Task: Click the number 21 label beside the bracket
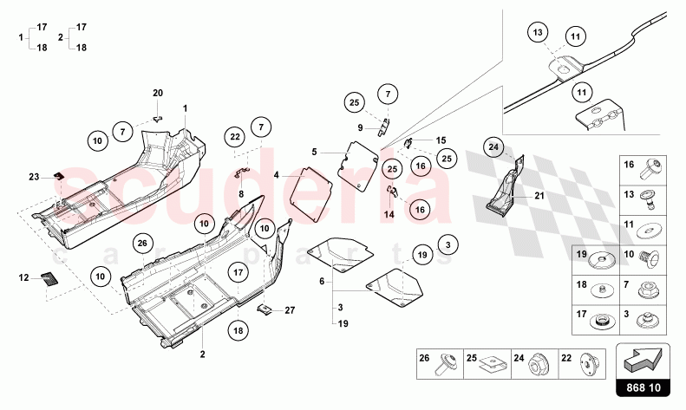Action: [539, 196]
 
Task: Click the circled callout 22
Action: [235, 135]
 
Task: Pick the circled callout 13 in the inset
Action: [538, 32]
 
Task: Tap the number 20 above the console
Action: [158, 93]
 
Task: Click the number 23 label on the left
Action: [33, 177]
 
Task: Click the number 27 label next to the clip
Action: [291, 309]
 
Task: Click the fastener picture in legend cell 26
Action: [449, 367]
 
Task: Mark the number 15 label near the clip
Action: [441, 140]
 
